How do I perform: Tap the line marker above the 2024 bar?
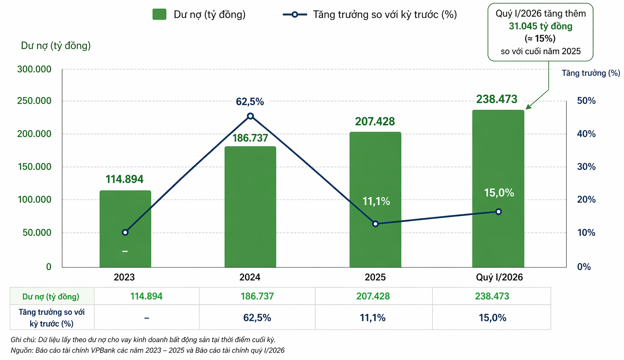pyautogui.click(x=250, y=116)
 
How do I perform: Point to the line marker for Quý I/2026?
pyautogui.click(x=498, y=212)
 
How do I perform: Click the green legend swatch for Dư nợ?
pyautogui.click(x=159, y=15)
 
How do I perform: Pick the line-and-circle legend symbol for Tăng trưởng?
pyautogui.click(x=295, y=15)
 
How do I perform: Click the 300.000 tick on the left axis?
pyautogui.click(x=34, y=69)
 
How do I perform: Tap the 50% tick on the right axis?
pyautogui.click(x=586, y=101)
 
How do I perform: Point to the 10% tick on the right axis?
pyautogui.click(x=586, y=233)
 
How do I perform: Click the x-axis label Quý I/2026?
pyautogui.click(x=499, y=278)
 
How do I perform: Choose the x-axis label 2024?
pyautogui.click(x=250, y=278)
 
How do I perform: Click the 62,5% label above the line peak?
pyautogui.click(x=250, y=102)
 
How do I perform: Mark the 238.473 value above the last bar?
pyautogui.click(x=497, y=99)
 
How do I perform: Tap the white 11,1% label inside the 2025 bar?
pyautogui.click(x=376, y=202)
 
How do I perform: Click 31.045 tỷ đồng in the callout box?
pyautogui.click(x=540, y=26)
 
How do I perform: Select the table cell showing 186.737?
pyautogui.click(x=257, y=296)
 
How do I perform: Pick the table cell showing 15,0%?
pyautogui.click(x=492, y=318)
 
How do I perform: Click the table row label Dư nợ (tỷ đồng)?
pyautogui.click(x=51, y=297)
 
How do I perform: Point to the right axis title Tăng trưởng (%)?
pyautogui.click(x=591, y=73)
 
